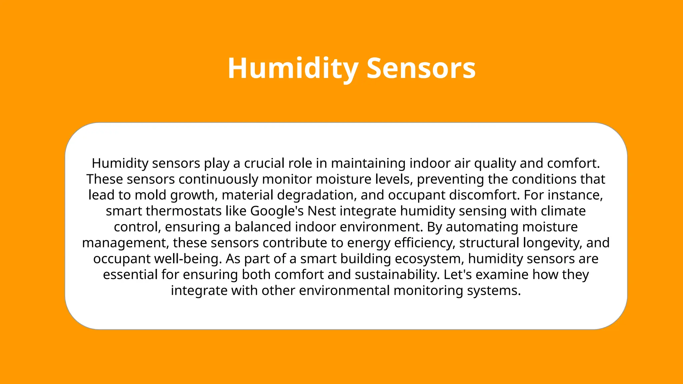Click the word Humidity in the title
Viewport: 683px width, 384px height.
(293, 68)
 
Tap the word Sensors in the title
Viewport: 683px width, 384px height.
(421, 68)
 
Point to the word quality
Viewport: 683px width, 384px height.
(495, 163)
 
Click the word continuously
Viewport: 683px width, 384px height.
(218, 179)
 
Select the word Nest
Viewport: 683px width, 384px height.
(321, 211)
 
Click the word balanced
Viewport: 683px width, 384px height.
(263, 227)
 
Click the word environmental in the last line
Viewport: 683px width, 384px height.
(344, 291)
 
